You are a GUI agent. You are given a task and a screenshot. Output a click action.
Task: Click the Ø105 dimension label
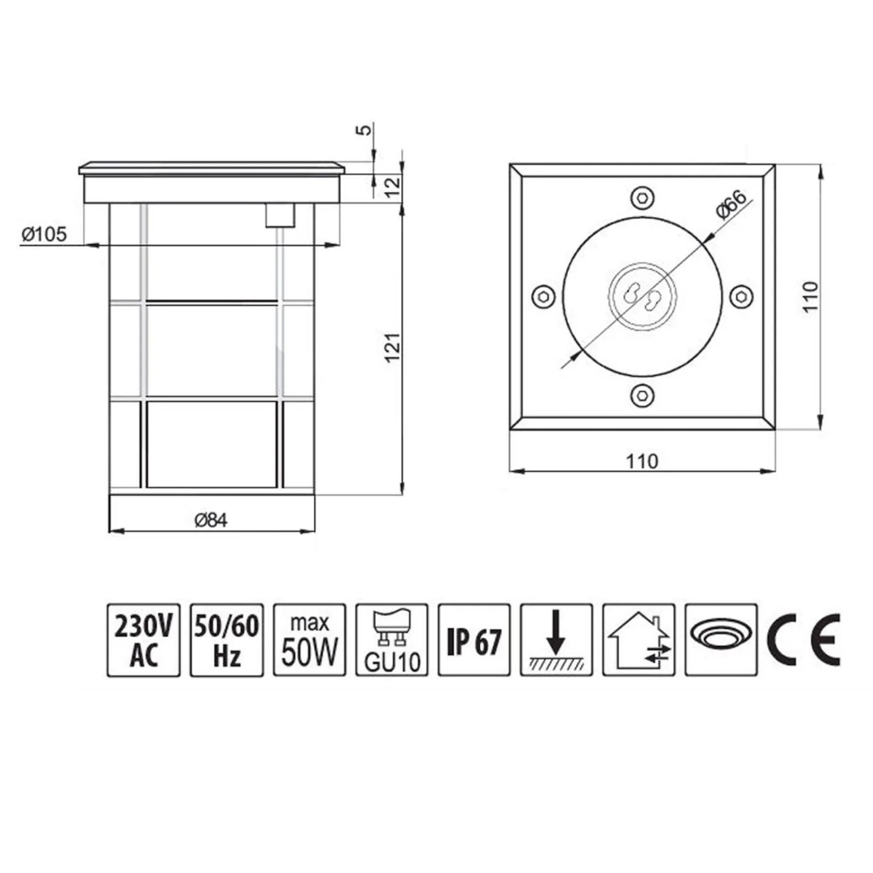point(44,234)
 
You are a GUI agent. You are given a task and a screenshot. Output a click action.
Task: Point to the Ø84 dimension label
point(211,520)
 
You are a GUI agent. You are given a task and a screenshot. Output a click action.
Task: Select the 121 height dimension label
point(393,347)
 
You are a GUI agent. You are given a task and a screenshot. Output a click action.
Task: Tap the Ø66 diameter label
point(731,204)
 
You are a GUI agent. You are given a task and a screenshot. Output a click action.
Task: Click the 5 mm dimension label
point(363,129)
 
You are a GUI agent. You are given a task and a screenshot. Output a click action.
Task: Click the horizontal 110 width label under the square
point(642,462)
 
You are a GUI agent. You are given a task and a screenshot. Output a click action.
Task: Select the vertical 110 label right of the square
point(811,297)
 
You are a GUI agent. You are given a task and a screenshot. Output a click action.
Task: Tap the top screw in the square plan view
point(642,197)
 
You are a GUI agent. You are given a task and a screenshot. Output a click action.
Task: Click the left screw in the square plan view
point(543,296)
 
